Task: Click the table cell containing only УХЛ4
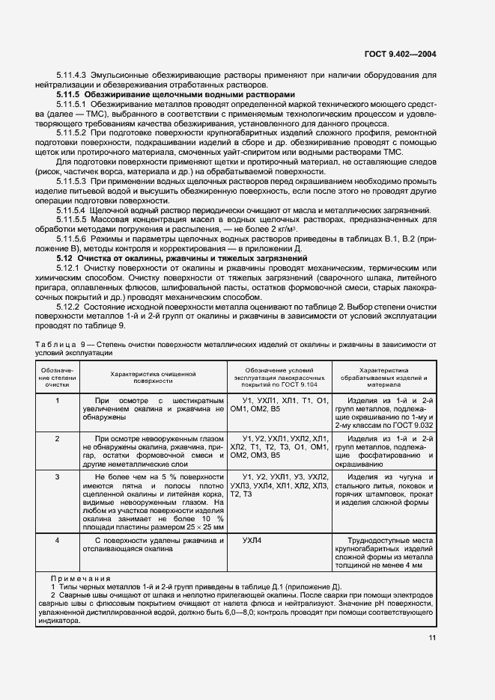click(x=254, y=539)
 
